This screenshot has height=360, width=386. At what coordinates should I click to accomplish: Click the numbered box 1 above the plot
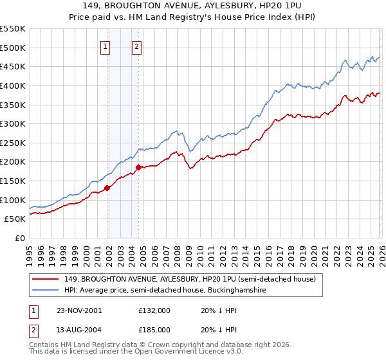[105, 46]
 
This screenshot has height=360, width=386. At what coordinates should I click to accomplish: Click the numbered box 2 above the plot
[138, 46]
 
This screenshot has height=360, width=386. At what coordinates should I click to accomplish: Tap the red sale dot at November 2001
[107, 188]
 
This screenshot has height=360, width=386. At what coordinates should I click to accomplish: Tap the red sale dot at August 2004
[138, 168]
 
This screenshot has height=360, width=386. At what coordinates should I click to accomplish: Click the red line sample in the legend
[46, 280]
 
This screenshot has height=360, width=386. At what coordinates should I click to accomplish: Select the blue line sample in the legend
[46, 291]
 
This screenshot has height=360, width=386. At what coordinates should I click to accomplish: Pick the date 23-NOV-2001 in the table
[79, 310]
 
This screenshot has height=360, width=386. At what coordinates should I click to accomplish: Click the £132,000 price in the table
[154, 310]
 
